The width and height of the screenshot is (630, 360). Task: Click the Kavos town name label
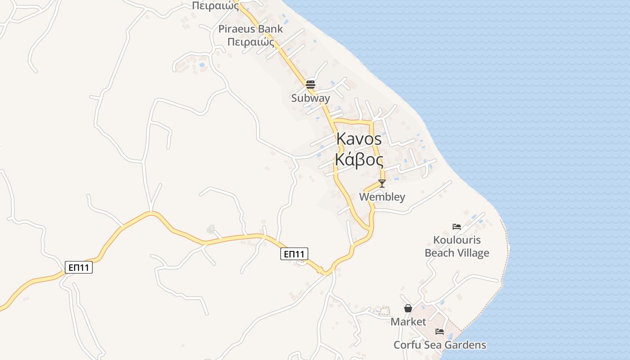[x=359, y=139]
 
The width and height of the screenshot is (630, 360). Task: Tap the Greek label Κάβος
[x=359, y=160]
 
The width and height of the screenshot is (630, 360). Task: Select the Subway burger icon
[x=310, y=84]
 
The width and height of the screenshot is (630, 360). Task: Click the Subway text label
[x=310, y=98]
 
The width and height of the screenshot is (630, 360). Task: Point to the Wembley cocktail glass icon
[x=382, y=184]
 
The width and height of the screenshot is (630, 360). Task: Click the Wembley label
[x=382, y=197]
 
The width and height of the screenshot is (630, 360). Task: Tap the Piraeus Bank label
[x=251, y=29]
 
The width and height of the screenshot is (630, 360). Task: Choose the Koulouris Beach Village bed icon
[x=457, y=227]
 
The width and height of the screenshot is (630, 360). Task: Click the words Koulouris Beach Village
[x=457, y=247]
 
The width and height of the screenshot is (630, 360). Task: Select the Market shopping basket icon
[x=408, y=308]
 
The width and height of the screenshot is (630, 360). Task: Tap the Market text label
[x=408, y=322]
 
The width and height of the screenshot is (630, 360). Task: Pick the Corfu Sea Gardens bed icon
[x=440, y=332]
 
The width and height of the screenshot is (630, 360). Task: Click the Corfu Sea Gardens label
[x=440, y=345]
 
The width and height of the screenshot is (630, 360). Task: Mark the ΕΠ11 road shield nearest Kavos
[x=295, y=254]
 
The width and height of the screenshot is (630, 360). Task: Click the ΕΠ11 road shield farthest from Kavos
[x=79, y=268]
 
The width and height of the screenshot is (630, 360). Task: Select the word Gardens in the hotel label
[x=464, y=345]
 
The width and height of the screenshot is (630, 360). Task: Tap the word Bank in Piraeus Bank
[x=271, y=29]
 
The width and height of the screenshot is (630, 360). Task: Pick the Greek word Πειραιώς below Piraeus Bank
[x=251, y=42]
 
